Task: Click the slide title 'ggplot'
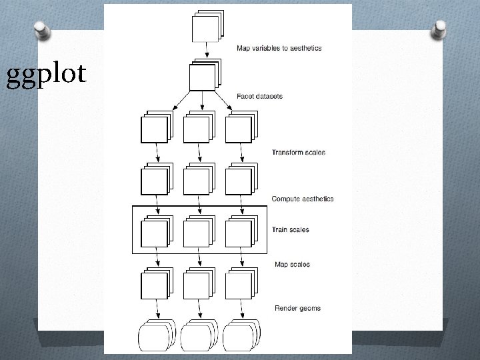46,75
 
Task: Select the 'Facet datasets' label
259,96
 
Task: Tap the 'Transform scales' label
298,153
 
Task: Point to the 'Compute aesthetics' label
302,199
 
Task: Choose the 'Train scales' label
290,230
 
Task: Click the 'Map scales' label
291,265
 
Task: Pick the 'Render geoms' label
297,308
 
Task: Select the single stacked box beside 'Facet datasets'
203,75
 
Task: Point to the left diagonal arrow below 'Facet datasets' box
175,102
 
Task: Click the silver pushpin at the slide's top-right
439,29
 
